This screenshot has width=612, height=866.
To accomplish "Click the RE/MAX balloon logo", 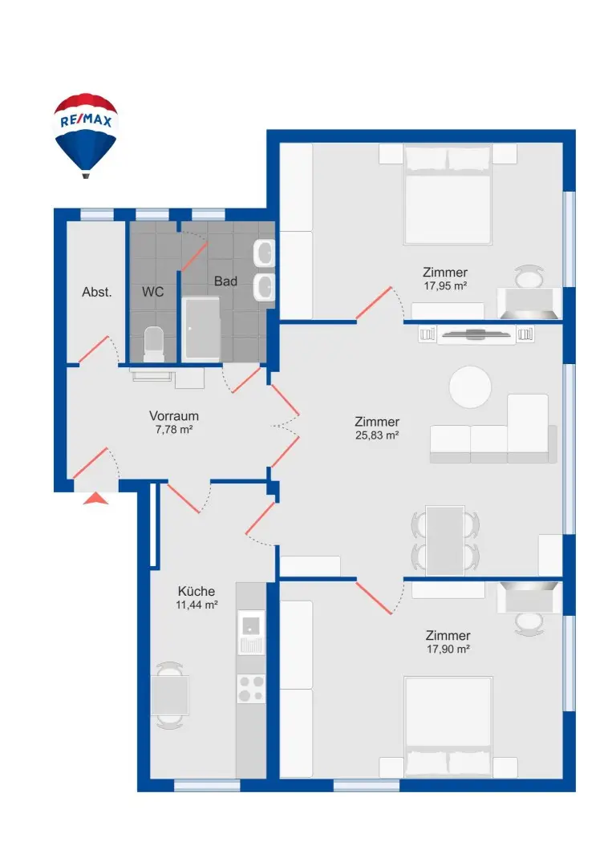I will pos(86,132).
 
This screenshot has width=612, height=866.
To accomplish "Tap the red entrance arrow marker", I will pos(96,499).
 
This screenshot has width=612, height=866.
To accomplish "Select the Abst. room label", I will pos(97,292).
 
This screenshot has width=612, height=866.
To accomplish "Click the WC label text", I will pos(153,292).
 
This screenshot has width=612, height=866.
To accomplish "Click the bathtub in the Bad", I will pos(201,330).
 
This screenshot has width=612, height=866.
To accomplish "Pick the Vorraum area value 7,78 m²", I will pos(174,430).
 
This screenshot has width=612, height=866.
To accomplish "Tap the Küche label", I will pos(197,591).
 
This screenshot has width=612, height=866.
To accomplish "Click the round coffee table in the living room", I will pos(470,388).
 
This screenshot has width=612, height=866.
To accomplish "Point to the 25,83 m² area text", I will pos(377,435).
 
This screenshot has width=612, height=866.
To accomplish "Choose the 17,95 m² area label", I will pos(446,285).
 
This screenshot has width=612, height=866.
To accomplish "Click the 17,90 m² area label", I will pos(448,649).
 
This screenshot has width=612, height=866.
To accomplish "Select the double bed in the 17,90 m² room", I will pos(448,726).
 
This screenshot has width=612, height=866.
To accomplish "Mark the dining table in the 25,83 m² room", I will pos(445,540).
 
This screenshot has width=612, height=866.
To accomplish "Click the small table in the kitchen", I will pos(170,695).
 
